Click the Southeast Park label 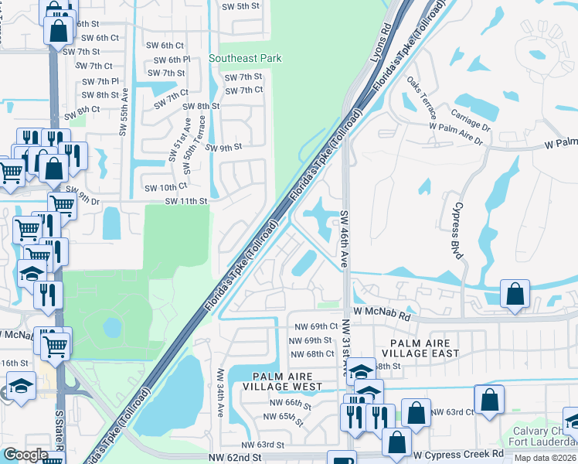click(245, 58)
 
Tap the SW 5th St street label click(240, 6)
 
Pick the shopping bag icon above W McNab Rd click(515, 295)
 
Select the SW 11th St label click(186, 201)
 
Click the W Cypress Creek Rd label click(458, 454)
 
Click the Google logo click(25, 454)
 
